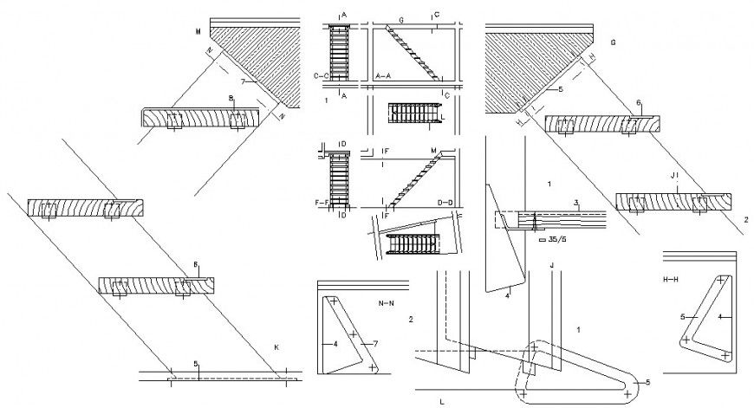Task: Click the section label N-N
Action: pos(387,304)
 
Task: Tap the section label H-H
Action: pos(671,280)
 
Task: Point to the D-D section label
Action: pos(446,203)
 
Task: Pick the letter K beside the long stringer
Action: pos(276,346)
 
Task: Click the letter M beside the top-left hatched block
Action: pos(198,31)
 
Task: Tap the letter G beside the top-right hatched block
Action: pos(613,42)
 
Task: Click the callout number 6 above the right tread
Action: pos(638,103)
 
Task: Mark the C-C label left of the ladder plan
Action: pos(318,76)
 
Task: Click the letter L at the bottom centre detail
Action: pos(441,401)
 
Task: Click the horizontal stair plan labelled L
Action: pos(414,112)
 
